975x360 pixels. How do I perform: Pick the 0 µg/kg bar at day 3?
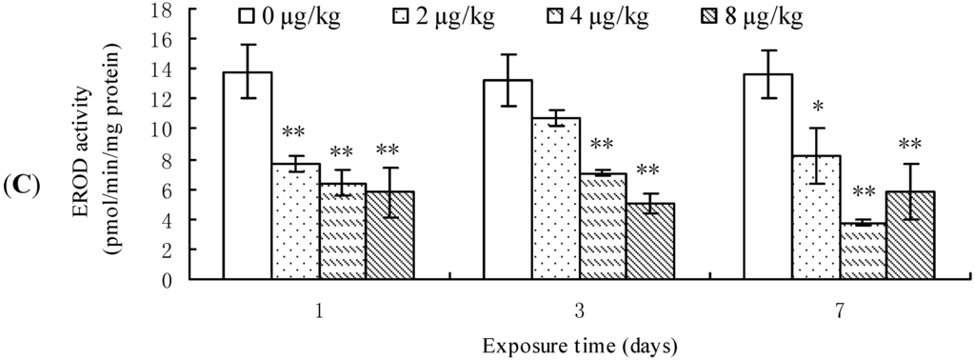tap(508, 180)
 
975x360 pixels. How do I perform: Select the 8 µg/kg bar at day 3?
tap(650, 242)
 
